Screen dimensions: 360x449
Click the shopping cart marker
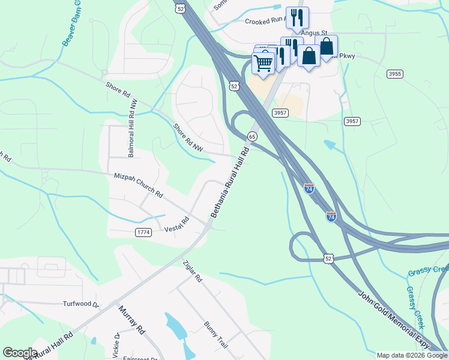pyautogui.click(x=263, y=62)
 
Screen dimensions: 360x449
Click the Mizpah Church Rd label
pyautogui.click(x=139, y=185)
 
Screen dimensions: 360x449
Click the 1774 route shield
pyautogui.click(x=143, y=232)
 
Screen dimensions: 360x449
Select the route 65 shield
pyautogui.click(x=253, y=137)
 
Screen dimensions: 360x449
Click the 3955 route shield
pyautogui.click(x=394, y=74)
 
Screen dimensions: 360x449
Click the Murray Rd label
pyautogui.click(x=132, y=320)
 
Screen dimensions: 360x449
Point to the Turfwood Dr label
pyautogui.click(x=81, y=304)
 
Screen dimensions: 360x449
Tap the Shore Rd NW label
pyautogui.click(x=188, y=136)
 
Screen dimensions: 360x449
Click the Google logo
pyautogui.click(x=20, y=353)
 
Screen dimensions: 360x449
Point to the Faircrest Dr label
pyautogui.click(x=140, y=358)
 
